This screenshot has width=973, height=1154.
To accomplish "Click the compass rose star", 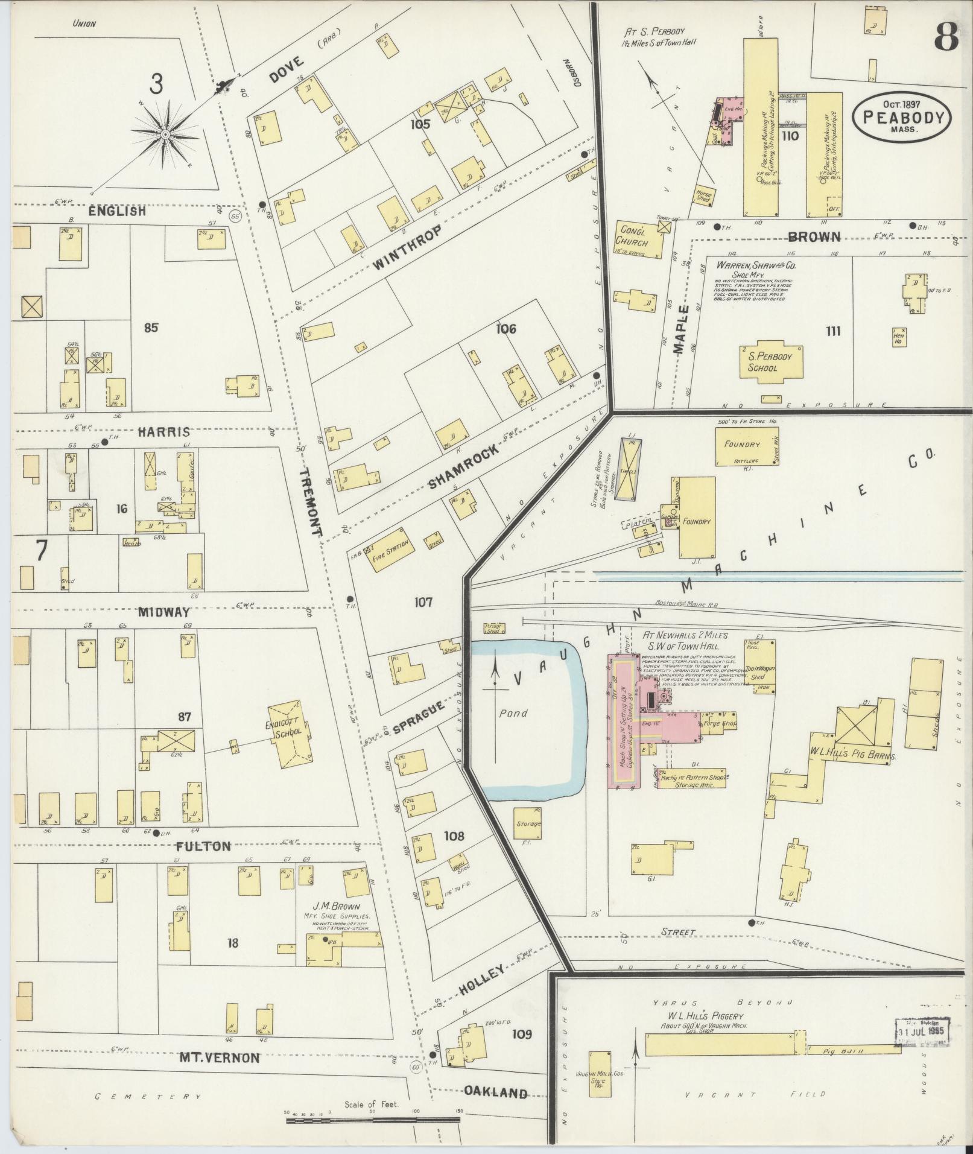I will (x=164, y=134).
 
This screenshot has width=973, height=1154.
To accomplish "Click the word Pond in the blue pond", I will (x=513, y=713).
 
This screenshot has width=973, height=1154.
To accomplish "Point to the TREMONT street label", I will (x=312, y=502).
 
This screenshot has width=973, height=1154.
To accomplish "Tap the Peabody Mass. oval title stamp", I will (x=902, y=118).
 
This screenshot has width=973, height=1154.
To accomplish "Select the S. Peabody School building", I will (x=766, y=362).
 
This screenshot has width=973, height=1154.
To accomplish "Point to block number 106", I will (x=506, y=329).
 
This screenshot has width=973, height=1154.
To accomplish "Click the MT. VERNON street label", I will (x=220, y=1057).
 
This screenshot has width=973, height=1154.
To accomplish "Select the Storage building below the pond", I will (x=527, y=823).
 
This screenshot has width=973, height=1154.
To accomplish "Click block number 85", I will (x=151, y=328).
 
